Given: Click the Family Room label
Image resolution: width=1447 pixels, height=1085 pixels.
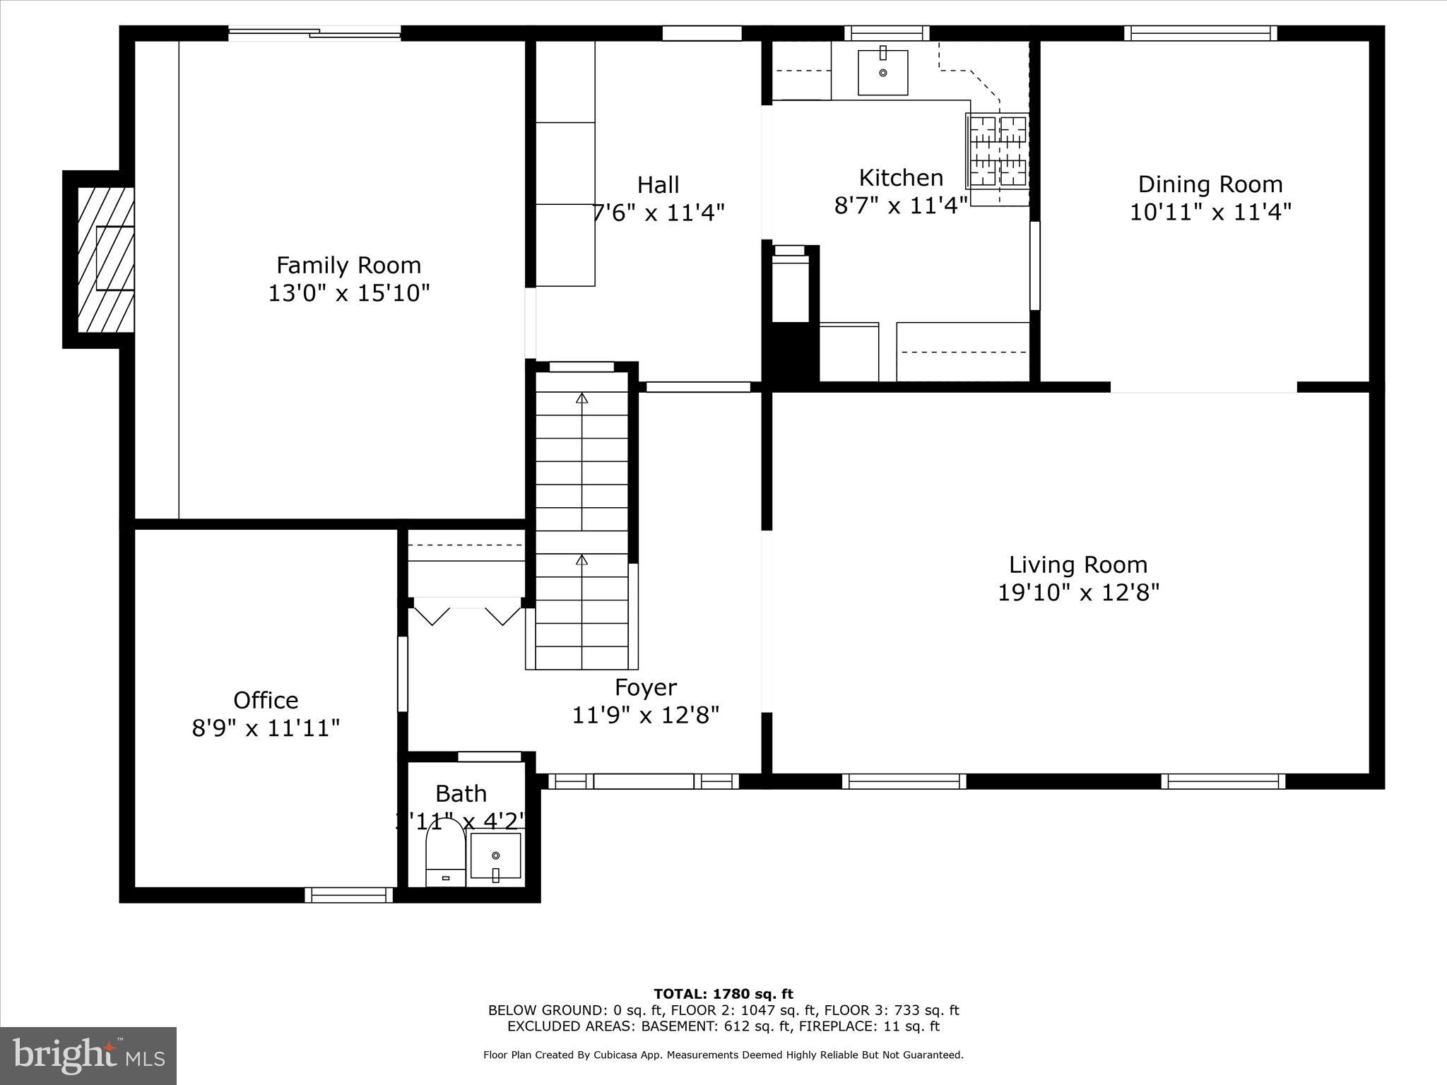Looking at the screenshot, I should click(x=348, y=266).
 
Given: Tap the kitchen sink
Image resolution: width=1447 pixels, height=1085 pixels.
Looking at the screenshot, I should click(x=882, y=72).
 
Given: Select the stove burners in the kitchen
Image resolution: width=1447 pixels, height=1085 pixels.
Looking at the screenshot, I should click(x=998, y=151).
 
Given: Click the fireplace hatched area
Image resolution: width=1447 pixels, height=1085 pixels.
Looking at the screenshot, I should click(x=105, y=259).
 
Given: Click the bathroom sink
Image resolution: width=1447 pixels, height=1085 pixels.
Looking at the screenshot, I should click(x=495, y=857).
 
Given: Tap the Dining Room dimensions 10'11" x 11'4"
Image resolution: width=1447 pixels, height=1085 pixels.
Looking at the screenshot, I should click(x=1210, y=212).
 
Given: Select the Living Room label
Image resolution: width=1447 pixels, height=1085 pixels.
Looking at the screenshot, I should click(x=1077, y=564).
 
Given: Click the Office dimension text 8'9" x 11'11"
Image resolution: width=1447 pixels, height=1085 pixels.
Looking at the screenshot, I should click(x=266, y=728).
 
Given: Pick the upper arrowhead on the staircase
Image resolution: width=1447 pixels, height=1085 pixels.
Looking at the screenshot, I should click(x=581, y=398).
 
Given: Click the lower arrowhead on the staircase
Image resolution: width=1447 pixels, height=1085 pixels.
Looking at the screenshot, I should click(x=581, y=560).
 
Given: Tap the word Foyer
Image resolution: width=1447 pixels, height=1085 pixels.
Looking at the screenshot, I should click(x=645, y=687).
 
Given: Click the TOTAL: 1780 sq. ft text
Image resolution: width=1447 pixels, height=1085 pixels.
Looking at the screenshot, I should click(x=723, y=994).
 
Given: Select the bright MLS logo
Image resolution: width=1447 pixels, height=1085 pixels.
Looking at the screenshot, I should click(x=88, y=1055).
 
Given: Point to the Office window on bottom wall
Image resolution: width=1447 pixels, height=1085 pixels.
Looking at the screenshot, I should click(x=349, y=895).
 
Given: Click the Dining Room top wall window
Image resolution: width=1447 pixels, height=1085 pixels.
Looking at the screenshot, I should click(x=1200, y=33).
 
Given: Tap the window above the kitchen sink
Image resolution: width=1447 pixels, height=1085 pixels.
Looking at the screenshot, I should click(x=887, y=33).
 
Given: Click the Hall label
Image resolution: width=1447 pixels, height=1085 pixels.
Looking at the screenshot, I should click(x=658, y=185).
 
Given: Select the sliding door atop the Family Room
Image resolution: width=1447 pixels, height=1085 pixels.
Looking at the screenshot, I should click(x=314, y=32).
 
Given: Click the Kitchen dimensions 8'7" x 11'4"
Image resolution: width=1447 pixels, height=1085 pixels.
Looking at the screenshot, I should click(x=900, y=206).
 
